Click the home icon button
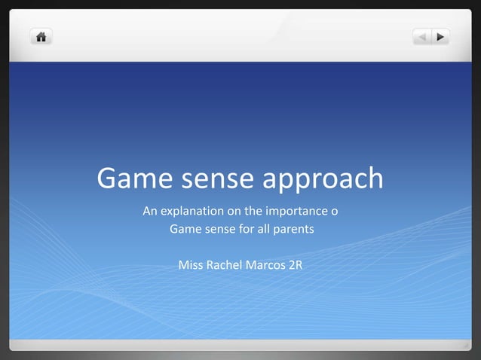(x=41, y=36)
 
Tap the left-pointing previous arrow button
(x=422, y=36)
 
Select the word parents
(x=292, y=228)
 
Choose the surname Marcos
(x=265, y=265)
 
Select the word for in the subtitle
(x=247, y=228)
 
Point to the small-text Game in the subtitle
(x=185, y=228)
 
